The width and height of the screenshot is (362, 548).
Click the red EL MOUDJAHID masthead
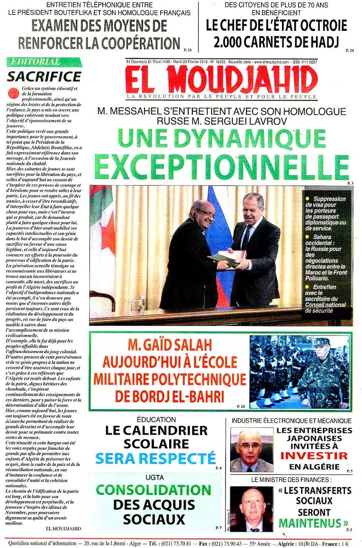coord(222,79)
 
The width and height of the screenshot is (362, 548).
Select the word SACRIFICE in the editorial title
coord(45,76)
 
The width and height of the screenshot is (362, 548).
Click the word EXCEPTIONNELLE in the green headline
coord(222,167)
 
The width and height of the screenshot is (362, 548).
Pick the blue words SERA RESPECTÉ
coord(155,458)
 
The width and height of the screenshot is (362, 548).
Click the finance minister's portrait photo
coord(251,509)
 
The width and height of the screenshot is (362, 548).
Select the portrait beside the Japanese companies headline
coord(252,449)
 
